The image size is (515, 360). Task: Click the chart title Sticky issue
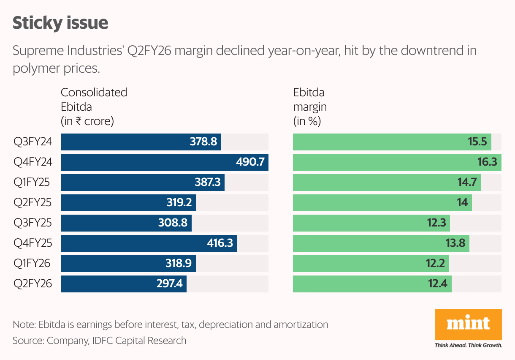[60, 23]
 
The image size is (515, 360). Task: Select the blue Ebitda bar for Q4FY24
[165, 162]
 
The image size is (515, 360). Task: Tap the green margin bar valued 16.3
[397, 162]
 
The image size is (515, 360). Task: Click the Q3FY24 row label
[33, 142]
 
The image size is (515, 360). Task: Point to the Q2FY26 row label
[33, 284]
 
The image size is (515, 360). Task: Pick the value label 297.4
[169, 284]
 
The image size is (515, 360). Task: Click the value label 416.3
[220, 243]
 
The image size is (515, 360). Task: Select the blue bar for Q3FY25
[126, 223]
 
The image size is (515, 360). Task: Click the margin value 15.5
[477, 142]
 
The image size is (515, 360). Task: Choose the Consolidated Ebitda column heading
[94, 107]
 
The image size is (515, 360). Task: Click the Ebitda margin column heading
[310, 107]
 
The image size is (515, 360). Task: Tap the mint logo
[469, 324]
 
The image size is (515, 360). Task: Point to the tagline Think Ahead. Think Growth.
[469, 345]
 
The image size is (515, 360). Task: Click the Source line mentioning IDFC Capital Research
[99, 340]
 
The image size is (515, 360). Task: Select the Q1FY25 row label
[32, 183]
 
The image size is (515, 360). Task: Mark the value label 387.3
[207, 183]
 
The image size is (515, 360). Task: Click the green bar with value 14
[382, 203]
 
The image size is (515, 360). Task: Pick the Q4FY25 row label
[33, 243]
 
